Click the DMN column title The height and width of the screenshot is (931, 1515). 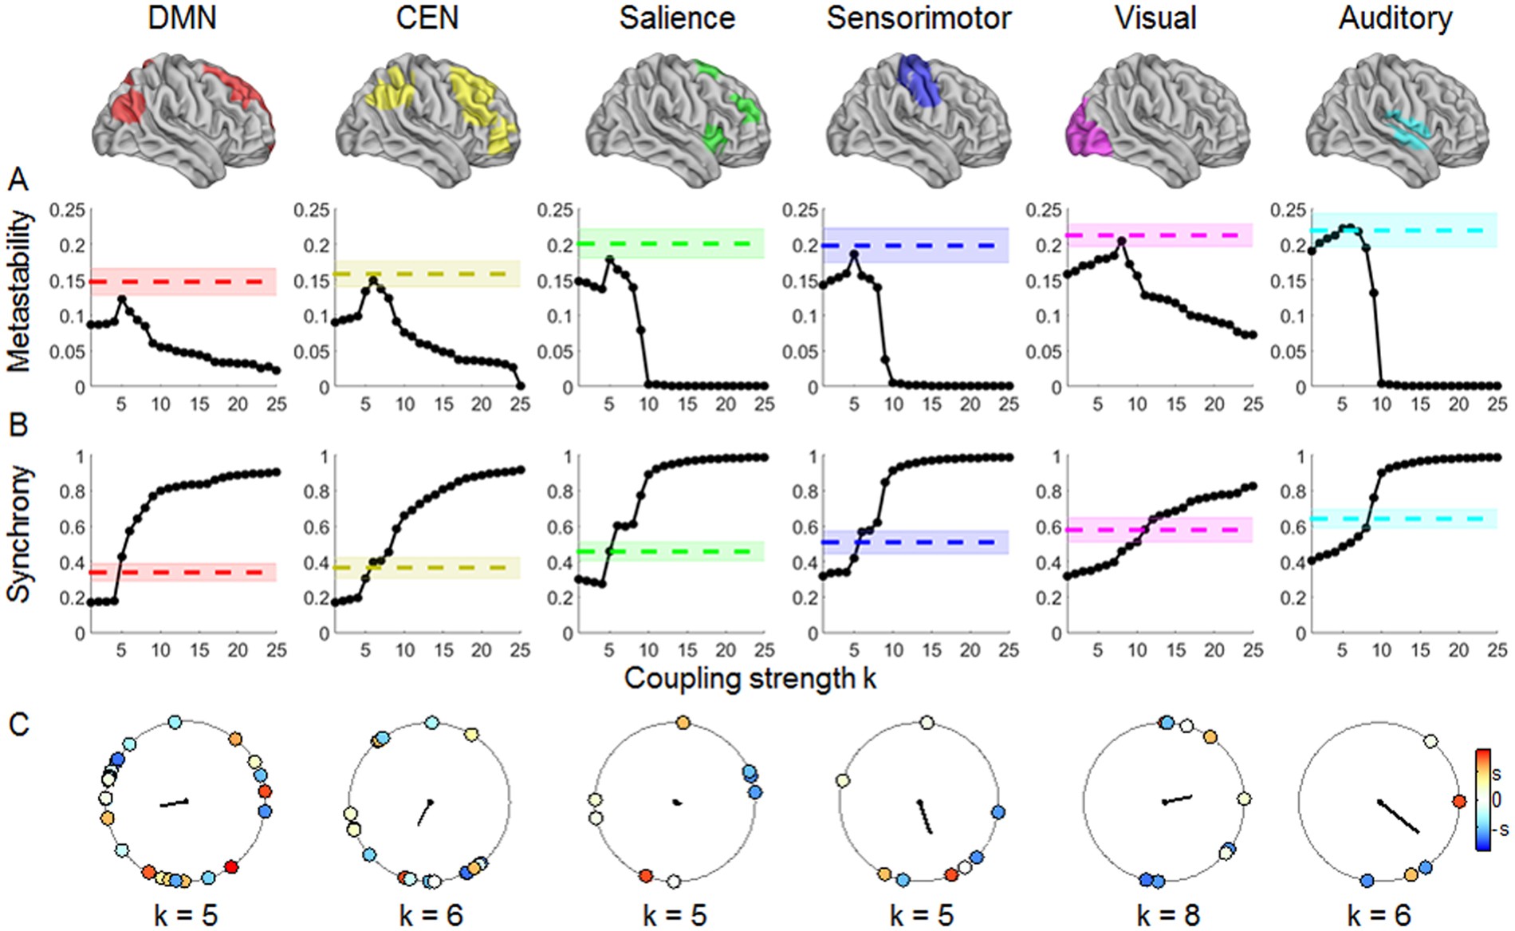click(x=182, y=18)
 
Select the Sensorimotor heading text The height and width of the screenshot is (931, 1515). click(x=919, y=18)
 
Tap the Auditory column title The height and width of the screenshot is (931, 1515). click(x=1395, y=18)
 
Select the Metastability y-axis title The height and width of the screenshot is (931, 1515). click(x=19, y=292)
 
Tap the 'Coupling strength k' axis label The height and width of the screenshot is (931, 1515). click(x=750, y=678)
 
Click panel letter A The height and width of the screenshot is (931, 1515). click(x=18, y=180)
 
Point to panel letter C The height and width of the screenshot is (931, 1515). click(x=18, y=724)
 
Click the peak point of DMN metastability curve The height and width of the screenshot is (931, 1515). click(x=121, y=300)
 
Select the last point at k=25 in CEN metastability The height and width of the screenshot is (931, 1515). click(x=520, y=386)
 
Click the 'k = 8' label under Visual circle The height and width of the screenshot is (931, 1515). click(x=1167, y=914)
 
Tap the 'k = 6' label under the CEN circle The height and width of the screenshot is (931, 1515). click(x=431, y=914)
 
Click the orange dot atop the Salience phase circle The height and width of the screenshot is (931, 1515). click(x=683, y=723)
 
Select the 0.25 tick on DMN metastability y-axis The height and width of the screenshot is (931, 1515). click(x=67, y=210)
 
